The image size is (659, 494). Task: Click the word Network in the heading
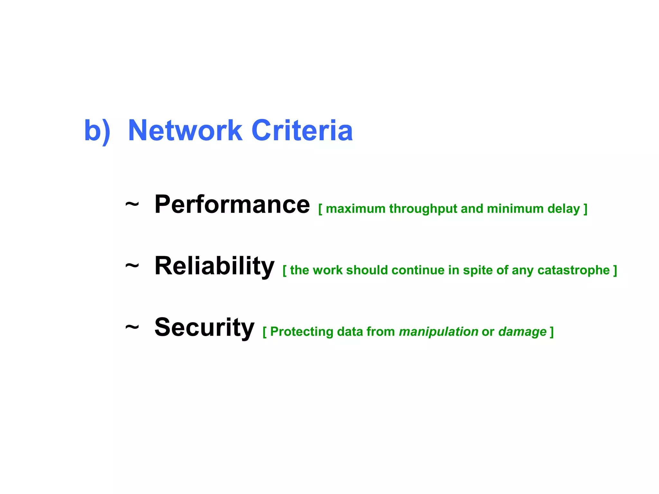tap(185, 131)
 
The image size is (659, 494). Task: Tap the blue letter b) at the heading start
tap(97, 131)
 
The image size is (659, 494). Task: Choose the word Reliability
tap(214, 266)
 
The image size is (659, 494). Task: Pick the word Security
tap(204, 327)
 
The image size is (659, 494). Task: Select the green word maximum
tap(356, 209)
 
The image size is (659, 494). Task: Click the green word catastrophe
tap(573, 270)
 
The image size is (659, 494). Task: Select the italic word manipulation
tap(438, 332)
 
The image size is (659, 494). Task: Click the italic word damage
tap(522, 332)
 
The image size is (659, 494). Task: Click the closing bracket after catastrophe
tap(615, 270)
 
